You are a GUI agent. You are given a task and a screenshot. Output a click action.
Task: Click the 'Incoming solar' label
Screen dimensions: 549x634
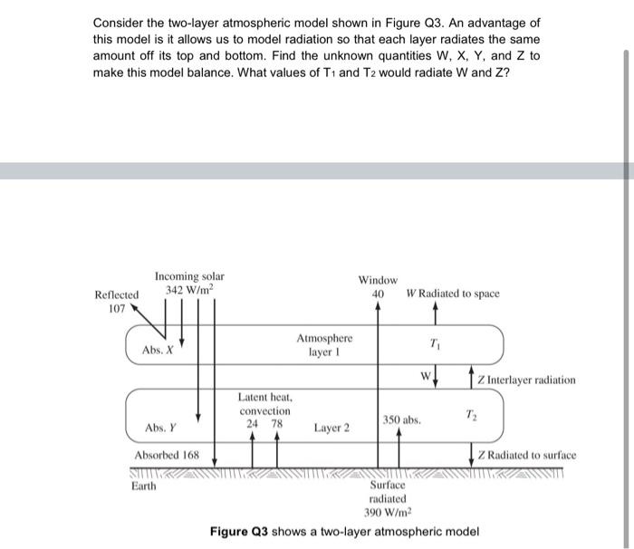[x=189, y=276]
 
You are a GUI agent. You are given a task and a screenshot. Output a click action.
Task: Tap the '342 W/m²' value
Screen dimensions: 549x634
[x=189, y=290]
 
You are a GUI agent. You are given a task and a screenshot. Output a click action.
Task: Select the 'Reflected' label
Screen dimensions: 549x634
[x=117, y=294]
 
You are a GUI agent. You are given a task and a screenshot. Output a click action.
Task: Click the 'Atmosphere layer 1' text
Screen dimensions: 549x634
[x=324, y=344]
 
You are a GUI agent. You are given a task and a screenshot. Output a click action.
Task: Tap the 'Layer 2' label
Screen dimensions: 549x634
[x=331, y=427]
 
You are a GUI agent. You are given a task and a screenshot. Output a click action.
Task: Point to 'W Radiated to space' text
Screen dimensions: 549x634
[x=453, y=294]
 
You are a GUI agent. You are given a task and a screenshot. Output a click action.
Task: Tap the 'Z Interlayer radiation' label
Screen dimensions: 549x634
[x=526, y=380]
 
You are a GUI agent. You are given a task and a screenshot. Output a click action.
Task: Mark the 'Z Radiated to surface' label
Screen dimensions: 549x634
[x=526, y=455]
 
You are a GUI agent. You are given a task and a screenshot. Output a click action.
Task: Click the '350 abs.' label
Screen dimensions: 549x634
[x=401, y=420]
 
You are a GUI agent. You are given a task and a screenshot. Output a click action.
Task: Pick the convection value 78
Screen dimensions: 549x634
[x=277, y=422]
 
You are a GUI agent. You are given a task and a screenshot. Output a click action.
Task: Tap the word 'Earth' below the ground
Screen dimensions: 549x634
[x=144, y=486]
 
